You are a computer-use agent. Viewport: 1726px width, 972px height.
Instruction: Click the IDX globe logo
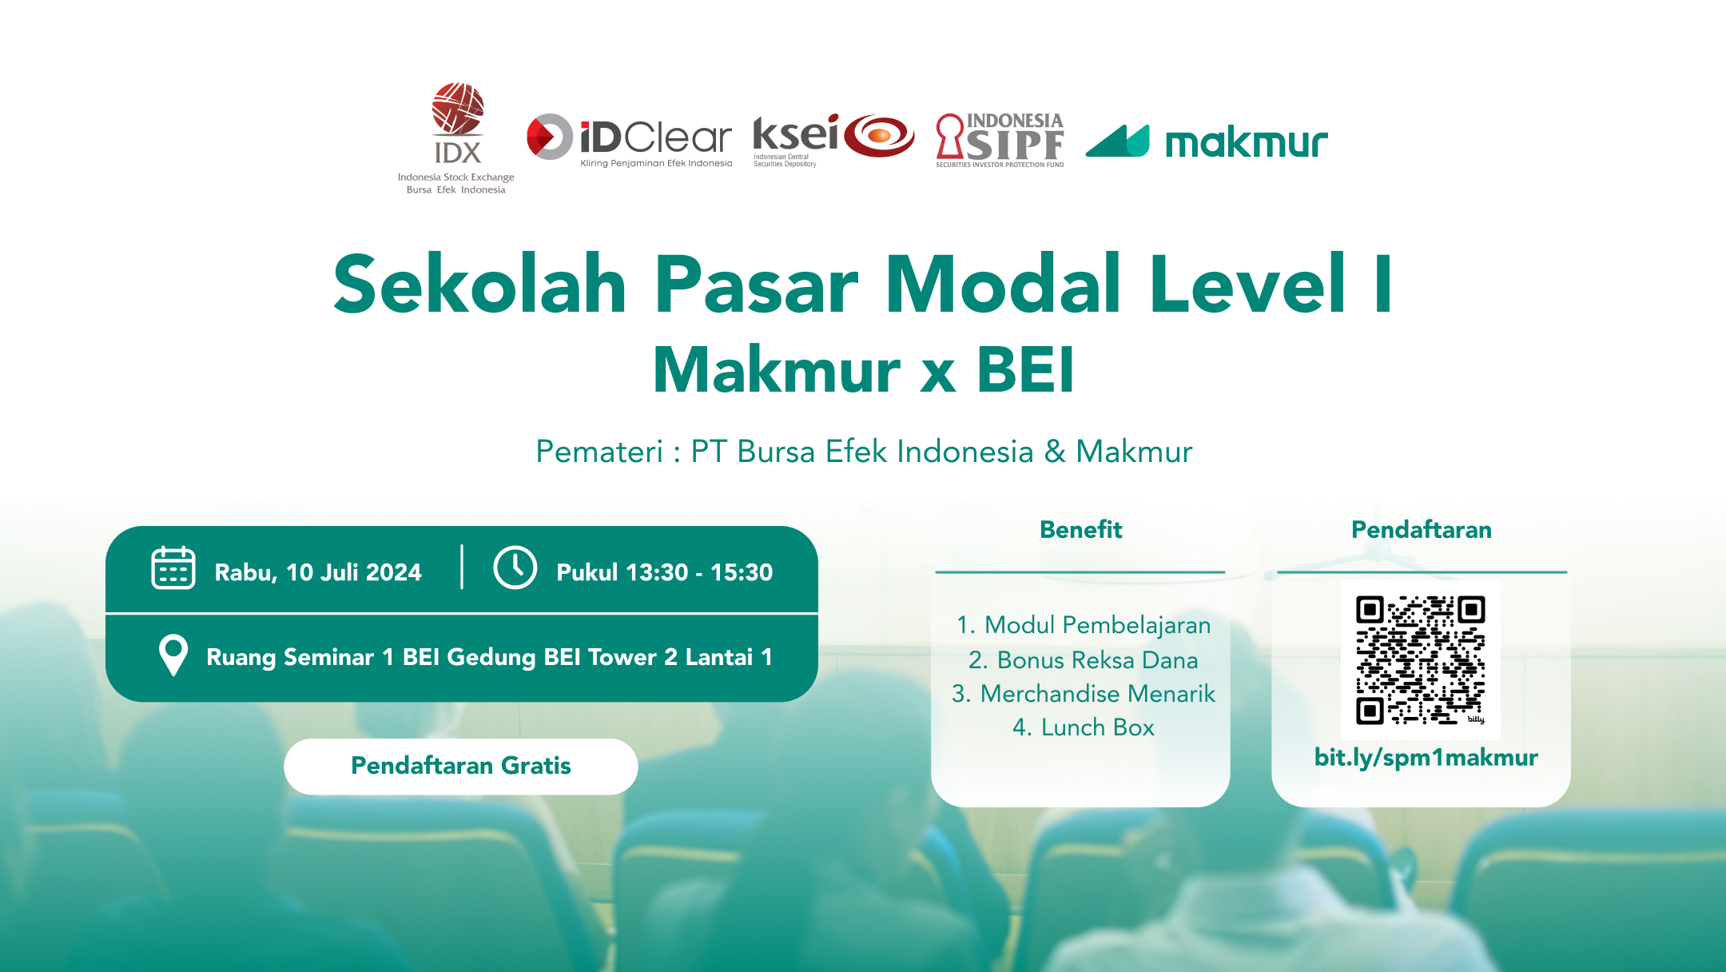tap(458, 110)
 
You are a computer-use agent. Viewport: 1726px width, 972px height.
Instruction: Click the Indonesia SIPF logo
tap(1000, 141)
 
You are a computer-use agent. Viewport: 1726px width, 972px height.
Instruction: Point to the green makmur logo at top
tap(1207, 142)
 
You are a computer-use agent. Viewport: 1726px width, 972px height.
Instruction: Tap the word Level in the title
tap(1247, 285)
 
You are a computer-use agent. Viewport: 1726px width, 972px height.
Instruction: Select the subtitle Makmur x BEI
tap(863, 370)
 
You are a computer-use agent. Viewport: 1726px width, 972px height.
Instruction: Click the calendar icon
tap(173, 568)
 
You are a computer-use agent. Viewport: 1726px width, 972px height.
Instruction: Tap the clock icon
tap(515, 568)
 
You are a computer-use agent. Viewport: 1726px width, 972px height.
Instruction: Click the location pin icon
tap(173, 655)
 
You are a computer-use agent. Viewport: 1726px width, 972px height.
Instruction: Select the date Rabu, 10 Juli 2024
tap(318, 572)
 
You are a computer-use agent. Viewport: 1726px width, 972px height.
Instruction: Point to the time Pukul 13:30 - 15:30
tap(664, 572)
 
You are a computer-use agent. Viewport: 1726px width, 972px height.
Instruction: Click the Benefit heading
tap(1080, 529)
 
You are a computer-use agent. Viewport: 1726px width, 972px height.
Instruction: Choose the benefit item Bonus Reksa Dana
tap(1084, 660)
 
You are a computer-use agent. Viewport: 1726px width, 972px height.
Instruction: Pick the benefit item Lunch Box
tap(1084, 727)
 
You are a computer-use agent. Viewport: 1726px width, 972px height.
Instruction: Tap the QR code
tap(1420, 659)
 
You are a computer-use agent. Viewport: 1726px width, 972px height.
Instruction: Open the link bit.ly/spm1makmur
tap(1426, 757)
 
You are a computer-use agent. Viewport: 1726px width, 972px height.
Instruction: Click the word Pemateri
tap(599, 452)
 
